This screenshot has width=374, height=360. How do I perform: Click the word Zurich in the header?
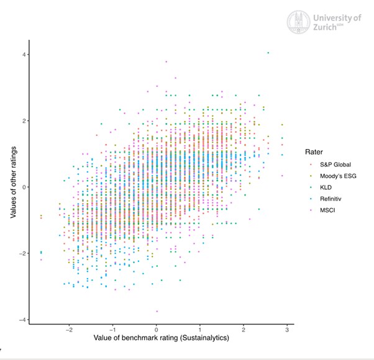click(328, 28)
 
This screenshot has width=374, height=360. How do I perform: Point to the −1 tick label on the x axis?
click(112, 330)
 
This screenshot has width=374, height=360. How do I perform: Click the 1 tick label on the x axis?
click(200, 330)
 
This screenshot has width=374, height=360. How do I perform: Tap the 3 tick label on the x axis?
click(286, 330)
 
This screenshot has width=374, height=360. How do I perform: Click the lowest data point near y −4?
click(157, 311)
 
